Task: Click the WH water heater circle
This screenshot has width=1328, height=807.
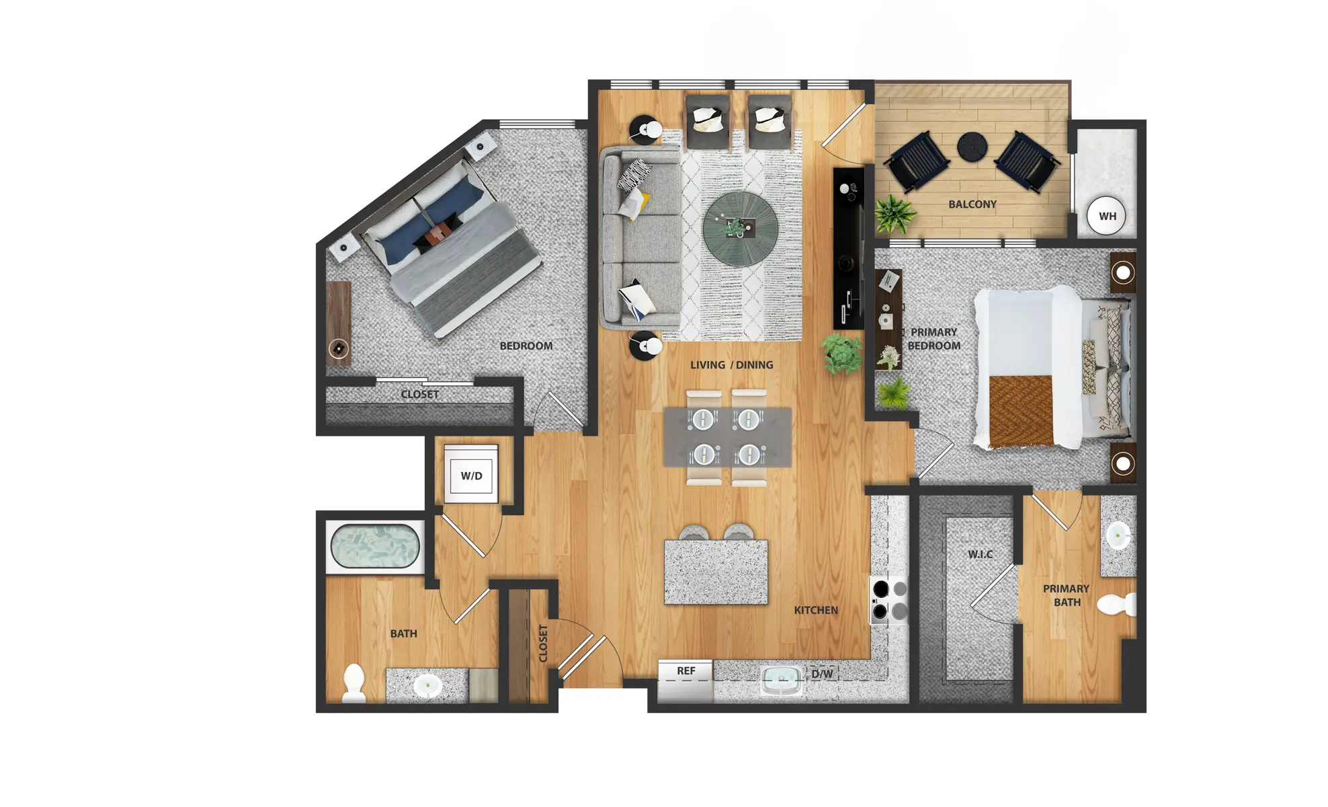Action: click(1106, 216)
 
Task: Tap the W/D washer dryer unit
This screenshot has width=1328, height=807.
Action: click(471, 474)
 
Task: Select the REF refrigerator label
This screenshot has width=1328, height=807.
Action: click(686, 670)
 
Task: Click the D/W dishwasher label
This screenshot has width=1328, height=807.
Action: click(822, 673)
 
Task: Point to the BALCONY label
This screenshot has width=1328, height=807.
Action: click(972, 204)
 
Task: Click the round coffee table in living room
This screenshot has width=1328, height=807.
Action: click(741, 229)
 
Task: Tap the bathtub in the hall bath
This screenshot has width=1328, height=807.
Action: click(375, 546)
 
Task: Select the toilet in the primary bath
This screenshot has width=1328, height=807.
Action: click(1117, 604)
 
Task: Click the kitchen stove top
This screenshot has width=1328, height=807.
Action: click(889, 600)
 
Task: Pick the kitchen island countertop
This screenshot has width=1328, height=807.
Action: click(716, 572)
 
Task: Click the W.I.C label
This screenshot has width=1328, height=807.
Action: click(980, 554)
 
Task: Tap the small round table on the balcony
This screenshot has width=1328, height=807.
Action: click(972, 147)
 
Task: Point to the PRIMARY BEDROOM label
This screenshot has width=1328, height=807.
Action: click(934, 339)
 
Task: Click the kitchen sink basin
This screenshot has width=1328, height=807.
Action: click(782, 681)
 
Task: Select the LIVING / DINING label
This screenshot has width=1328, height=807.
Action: click(732, 364)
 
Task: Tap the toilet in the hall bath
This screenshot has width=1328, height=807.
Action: click(354, 683)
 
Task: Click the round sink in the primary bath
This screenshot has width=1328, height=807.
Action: click(1118, 536)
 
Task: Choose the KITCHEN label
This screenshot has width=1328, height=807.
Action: click(816, 610)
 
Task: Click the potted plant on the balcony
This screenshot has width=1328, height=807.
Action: click(895, 214)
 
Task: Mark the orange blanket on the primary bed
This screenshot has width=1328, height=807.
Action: click(1021, 411)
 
